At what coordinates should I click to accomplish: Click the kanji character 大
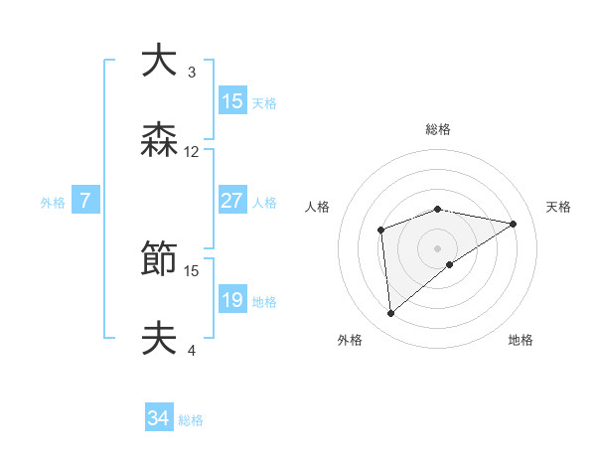159,62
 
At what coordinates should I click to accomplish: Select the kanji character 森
159,141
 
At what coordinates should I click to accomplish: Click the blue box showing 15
232,101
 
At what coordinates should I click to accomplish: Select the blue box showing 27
232,201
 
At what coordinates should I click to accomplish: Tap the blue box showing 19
232,300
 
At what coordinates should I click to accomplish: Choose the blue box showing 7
85,201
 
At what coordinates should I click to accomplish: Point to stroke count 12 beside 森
192,152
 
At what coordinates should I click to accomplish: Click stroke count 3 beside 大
192,73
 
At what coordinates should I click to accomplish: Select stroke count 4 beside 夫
192,350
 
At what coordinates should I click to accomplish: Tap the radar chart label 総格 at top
438,129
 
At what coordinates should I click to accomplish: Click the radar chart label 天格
558,207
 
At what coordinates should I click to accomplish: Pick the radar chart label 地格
521,340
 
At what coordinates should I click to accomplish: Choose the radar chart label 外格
350,340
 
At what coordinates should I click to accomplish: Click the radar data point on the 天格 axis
514,224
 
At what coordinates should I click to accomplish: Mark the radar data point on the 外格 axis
391,314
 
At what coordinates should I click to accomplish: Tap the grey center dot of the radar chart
438,247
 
